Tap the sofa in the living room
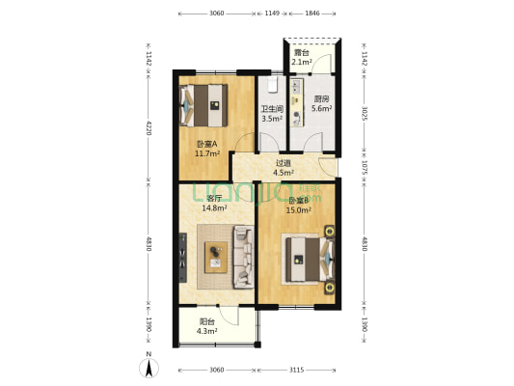click(x=241, y=257)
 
